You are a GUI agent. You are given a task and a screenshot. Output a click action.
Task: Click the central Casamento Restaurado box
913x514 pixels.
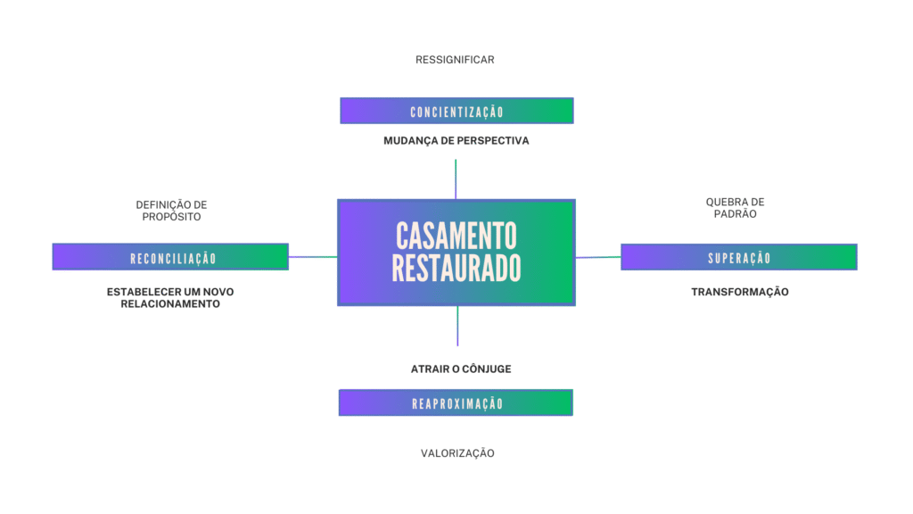coord(456,253)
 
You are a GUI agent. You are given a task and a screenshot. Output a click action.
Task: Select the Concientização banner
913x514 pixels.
coord(456,112)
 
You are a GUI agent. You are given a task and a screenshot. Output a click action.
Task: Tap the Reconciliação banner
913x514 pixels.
coord(170,257)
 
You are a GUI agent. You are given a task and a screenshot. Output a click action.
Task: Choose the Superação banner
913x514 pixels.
coord(738,257)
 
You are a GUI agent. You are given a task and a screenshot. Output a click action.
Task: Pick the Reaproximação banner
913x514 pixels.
coord(456,403)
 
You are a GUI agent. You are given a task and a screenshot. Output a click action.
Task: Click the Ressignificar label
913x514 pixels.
coord(455,60)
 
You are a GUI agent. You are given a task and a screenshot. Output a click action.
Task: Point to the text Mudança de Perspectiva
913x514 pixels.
coord(456,141)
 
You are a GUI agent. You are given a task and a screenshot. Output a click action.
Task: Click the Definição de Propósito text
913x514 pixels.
coord(171,211)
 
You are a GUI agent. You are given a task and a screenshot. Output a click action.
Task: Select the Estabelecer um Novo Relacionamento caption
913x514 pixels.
coord(170,298)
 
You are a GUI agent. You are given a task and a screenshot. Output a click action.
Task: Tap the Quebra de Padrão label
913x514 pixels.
coord(735,208)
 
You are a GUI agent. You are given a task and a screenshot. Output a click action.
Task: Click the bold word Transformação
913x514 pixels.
coord(740,292)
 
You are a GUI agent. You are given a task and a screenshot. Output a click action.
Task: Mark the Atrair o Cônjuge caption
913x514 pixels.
coord(461,369)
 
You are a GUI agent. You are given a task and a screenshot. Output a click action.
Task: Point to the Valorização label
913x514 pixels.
coord(457,453)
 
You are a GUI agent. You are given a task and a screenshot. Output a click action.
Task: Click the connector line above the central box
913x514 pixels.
coord(456,178)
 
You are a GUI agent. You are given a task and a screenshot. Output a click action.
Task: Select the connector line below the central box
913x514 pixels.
coord(457,326)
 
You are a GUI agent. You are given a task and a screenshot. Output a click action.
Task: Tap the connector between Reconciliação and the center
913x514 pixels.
coord(313,257)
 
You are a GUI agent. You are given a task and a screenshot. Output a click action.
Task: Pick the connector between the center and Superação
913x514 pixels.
coord(598,257)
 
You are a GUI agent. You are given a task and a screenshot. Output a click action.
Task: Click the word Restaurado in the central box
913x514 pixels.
coord(456,269)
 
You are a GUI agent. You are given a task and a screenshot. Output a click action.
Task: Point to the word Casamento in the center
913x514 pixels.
coord(456,236)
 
